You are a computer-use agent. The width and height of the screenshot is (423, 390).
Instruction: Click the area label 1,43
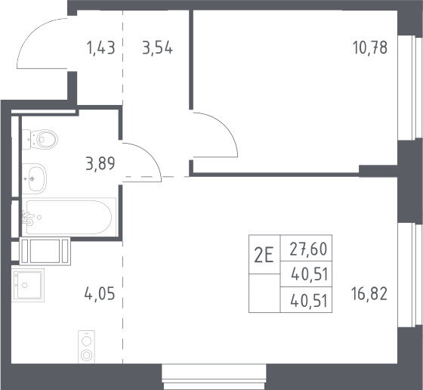pos(101,48)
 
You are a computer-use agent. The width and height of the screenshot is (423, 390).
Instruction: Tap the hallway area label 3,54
pos(158,48)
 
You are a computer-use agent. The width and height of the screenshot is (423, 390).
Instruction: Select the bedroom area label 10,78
pos(370,47)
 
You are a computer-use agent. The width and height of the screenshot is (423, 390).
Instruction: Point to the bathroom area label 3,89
pos(100,163)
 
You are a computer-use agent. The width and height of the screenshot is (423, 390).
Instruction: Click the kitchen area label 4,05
pos(100,293)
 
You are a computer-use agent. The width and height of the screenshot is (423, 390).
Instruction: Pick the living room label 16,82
pos(369,294)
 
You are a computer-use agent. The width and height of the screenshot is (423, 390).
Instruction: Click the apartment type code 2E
pos(264,255)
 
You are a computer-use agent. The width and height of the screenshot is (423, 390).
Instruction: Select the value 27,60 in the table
pos(308,249)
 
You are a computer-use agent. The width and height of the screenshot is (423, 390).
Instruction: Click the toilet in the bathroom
pos(40,139)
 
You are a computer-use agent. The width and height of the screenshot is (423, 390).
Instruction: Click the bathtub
pos(69,217)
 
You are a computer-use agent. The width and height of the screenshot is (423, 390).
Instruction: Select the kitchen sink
pos(28,285)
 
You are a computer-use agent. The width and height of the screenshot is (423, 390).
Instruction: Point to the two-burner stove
pos(86,347)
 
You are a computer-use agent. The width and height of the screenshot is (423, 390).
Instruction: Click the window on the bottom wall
pos(214,377)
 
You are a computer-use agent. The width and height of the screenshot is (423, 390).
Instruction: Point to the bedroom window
pos(410,88)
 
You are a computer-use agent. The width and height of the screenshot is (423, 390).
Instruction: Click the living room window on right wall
pos(410,275)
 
